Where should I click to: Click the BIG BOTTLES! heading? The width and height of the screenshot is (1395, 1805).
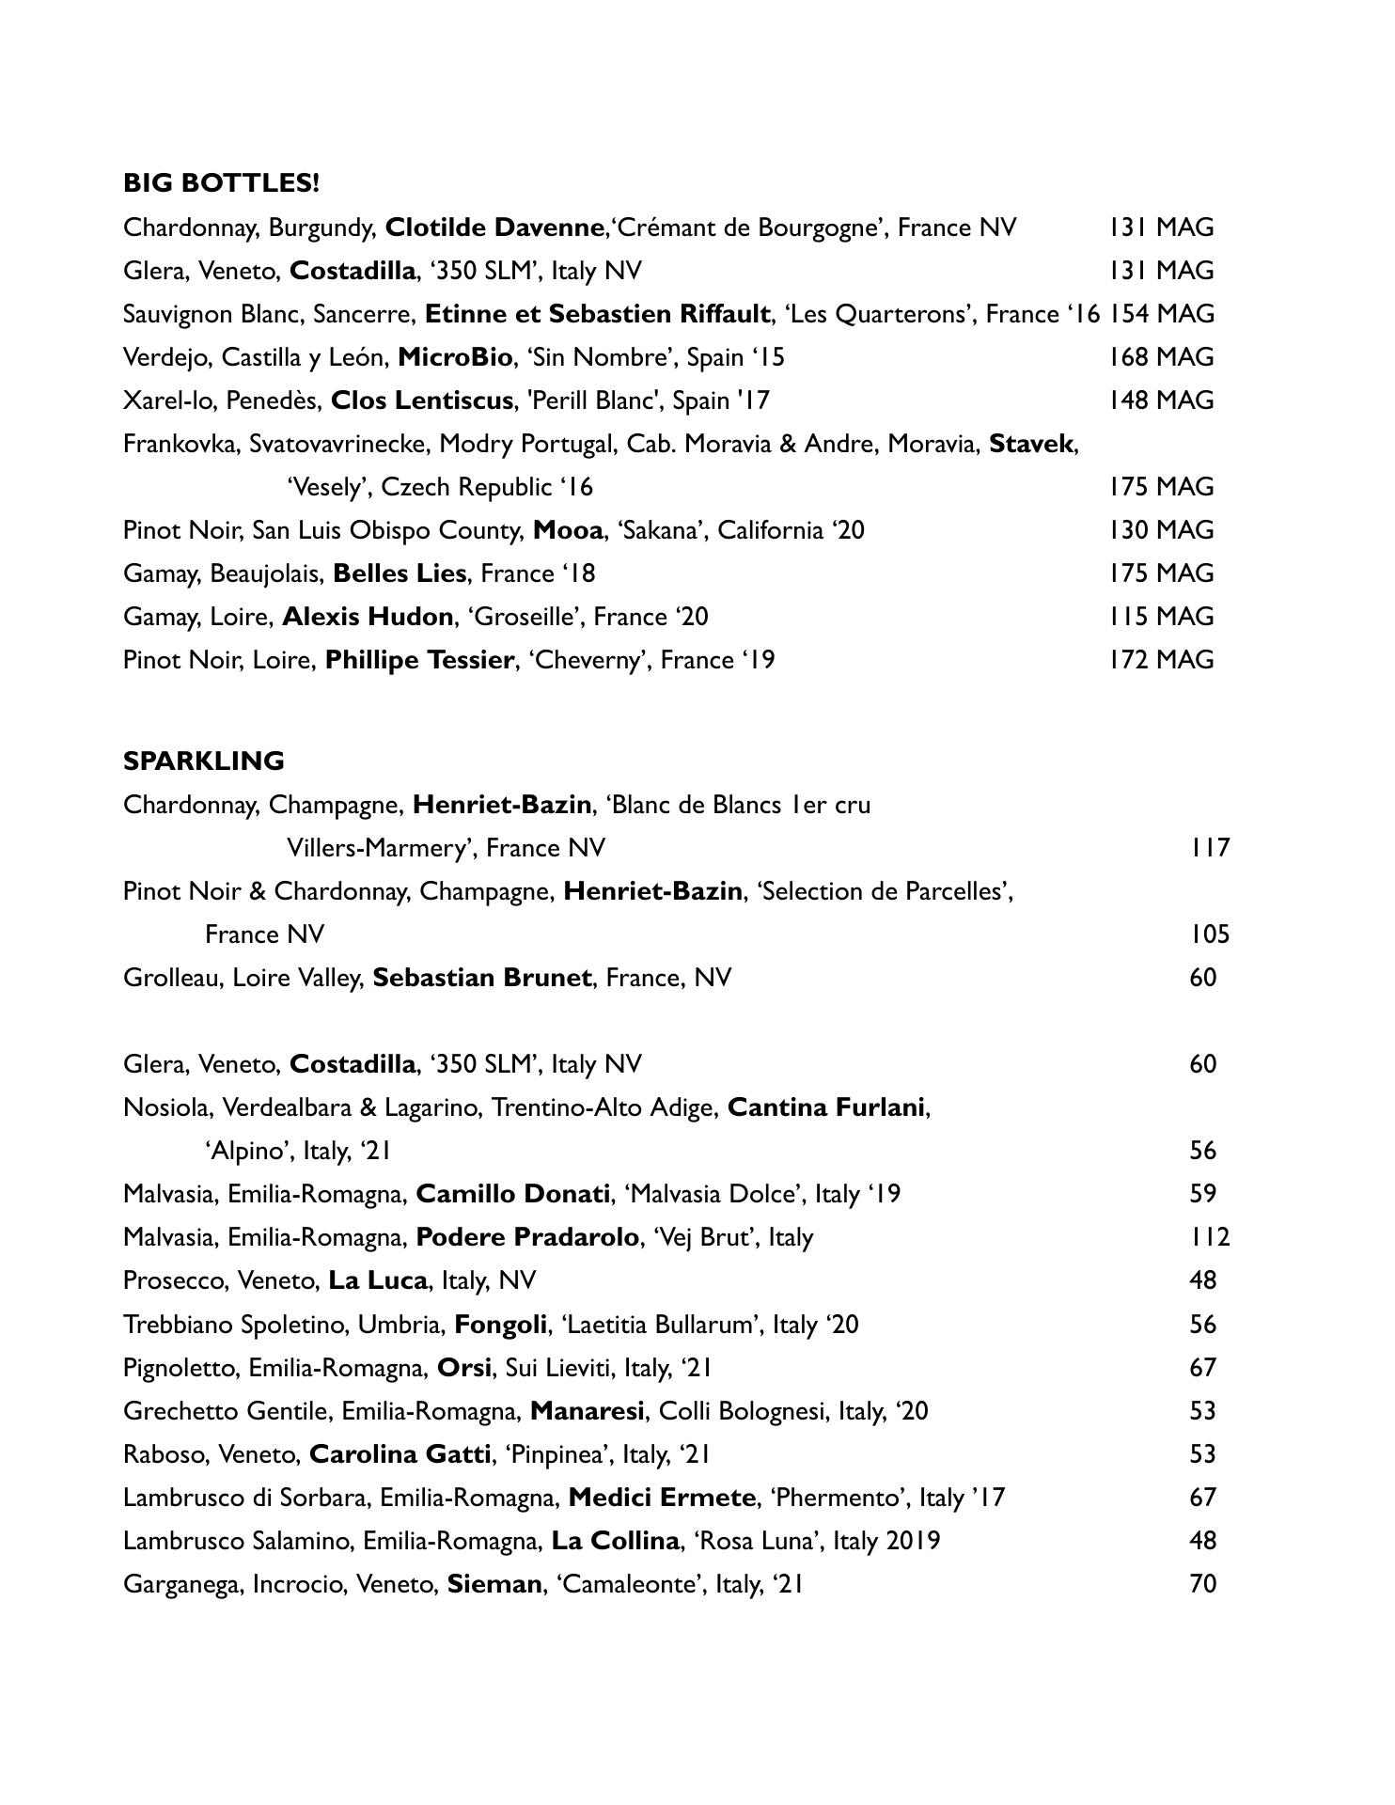[x=221, y=183]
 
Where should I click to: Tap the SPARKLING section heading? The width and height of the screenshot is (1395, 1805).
[x=204, y=761]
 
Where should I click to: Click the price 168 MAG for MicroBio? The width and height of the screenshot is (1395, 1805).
[x=1161, y=357]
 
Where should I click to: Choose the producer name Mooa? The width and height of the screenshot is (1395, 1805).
[x=568, y=530]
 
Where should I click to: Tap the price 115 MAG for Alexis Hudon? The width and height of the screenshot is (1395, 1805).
[x=1161, y=617]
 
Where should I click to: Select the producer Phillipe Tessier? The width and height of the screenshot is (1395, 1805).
[x=419, y=660]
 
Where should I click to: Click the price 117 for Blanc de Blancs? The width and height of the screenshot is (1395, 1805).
[x=1209, y=848]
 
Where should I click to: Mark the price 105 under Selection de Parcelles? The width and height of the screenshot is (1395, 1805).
[x=1209, y=934]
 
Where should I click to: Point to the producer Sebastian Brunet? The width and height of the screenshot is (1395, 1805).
[x=482, y=978]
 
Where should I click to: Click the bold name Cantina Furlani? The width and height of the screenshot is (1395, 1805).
[x=826, y=1107]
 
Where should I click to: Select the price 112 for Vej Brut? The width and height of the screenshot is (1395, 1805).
[x=1209, y=1237]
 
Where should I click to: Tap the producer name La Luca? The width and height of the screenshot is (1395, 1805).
[x=377, y=1280]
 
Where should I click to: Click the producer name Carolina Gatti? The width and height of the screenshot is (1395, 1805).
[x=400, y=1454]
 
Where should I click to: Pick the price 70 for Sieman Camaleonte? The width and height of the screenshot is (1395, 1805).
[x=1203, y=1584]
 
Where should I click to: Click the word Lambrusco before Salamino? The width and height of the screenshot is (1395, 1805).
[x=179, y=1541]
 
